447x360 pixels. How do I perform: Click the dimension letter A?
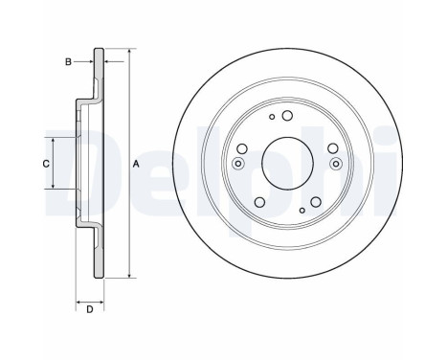(136, 164)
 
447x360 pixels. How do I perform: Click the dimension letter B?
(68, 61)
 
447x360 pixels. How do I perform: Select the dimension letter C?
(46, 164)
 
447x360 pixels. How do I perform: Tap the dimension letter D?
(90, 309)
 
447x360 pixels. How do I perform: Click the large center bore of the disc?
(287, 163)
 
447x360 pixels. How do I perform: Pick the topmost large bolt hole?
(287, 116)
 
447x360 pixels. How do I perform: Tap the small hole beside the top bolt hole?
(272, 117)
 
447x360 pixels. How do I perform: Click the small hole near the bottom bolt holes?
(302, 210)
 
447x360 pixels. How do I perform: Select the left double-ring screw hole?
(238, 164)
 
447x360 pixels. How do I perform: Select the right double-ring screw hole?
(336, 164)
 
